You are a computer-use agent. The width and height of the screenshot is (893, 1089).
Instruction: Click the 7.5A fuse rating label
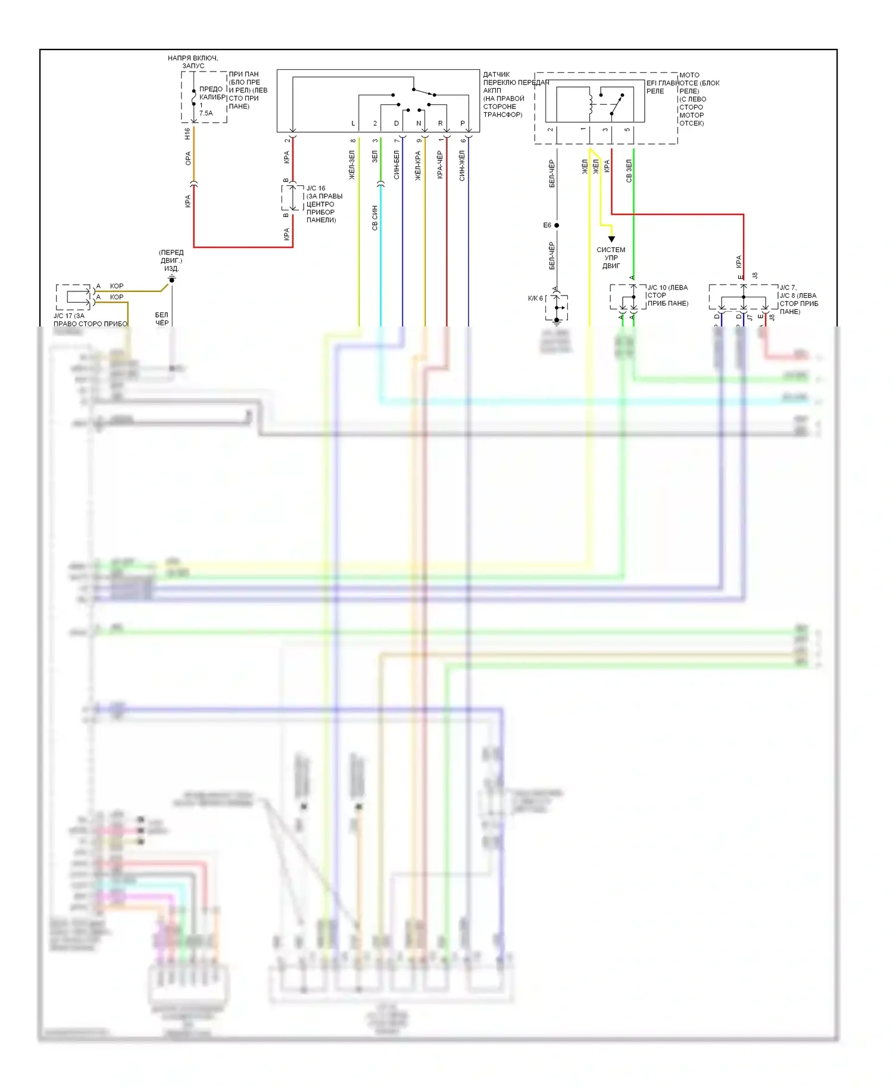205,113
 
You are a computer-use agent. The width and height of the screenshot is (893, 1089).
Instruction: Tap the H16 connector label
188,134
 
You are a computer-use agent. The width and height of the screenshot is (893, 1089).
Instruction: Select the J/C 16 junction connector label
316,188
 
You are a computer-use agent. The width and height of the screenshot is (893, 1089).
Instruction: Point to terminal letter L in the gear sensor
353,123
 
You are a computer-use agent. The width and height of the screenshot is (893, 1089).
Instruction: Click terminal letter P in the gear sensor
463,123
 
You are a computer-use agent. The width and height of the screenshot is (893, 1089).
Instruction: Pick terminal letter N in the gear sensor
419,123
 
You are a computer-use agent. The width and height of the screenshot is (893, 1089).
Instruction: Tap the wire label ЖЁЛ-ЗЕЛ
352,165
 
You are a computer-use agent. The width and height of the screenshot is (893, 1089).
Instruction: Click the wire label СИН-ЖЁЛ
462,165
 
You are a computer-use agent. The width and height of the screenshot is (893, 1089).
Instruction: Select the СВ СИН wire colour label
374,217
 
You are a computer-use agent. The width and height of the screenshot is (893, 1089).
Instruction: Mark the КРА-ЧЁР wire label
440,165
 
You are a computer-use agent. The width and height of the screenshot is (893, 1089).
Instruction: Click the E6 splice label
547,225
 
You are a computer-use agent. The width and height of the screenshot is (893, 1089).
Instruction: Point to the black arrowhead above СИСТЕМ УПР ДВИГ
611,239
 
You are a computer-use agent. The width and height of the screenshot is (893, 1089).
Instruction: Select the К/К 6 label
535,298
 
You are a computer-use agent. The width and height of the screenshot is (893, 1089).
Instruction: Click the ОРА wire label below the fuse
188,158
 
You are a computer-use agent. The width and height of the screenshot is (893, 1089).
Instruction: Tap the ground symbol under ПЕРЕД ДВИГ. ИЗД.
171,278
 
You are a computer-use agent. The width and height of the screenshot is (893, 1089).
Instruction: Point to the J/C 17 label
69,316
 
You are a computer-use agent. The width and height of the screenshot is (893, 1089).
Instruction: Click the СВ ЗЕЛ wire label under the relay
629,170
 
